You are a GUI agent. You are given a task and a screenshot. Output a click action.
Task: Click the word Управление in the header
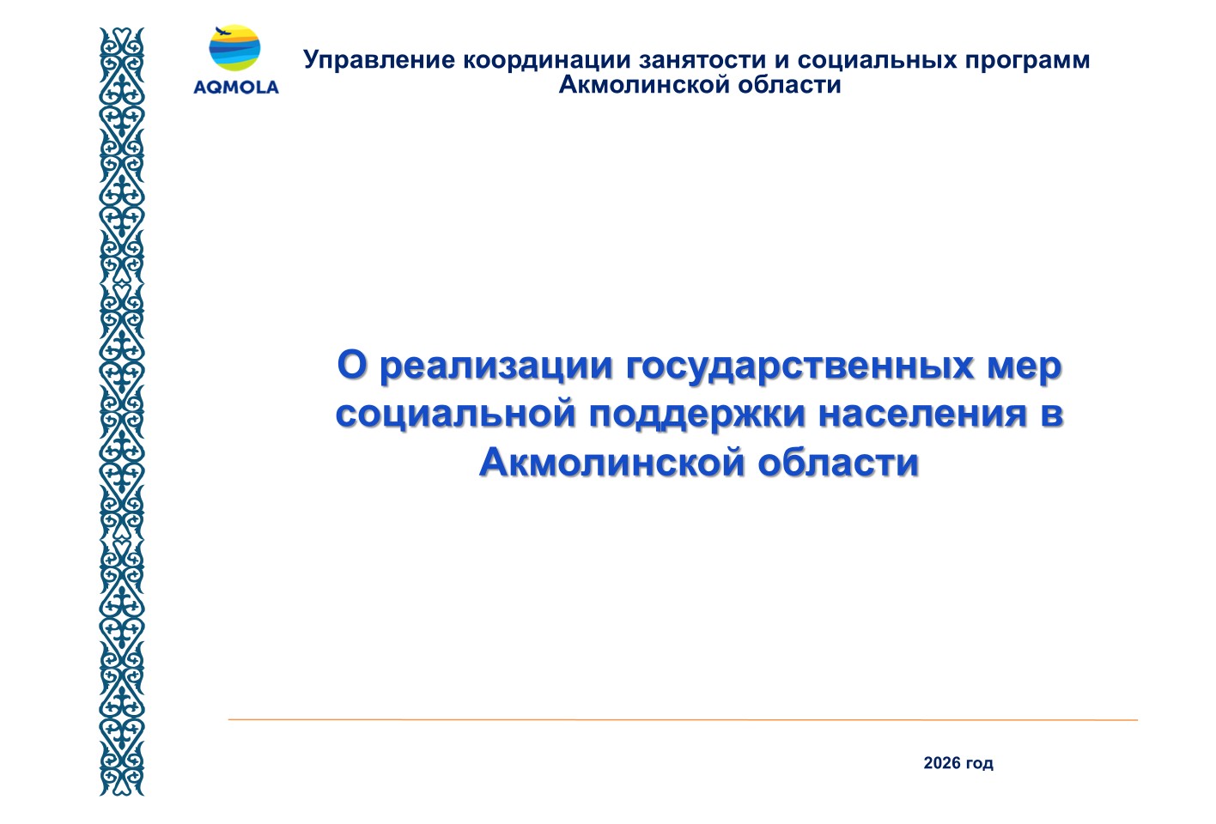(379, 61)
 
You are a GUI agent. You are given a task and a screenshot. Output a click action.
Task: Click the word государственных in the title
(800, 367)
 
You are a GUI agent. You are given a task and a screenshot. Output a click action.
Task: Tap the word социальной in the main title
(456, 414)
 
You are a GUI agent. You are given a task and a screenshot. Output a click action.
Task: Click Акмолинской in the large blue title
(611, 462)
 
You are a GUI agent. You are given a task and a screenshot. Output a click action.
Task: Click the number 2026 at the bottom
(942, 763)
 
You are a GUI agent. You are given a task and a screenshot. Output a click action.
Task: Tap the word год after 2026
(979, 764)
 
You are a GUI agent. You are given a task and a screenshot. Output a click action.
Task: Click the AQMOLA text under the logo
(236, 87)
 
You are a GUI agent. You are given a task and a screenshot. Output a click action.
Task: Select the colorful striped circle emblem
(234, 48)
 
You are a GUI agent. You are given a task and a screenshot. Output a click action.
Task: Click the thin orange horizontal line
(683, 720)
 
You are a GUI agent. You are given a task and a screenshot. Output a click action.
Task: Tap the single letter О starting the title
(353, 365)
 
